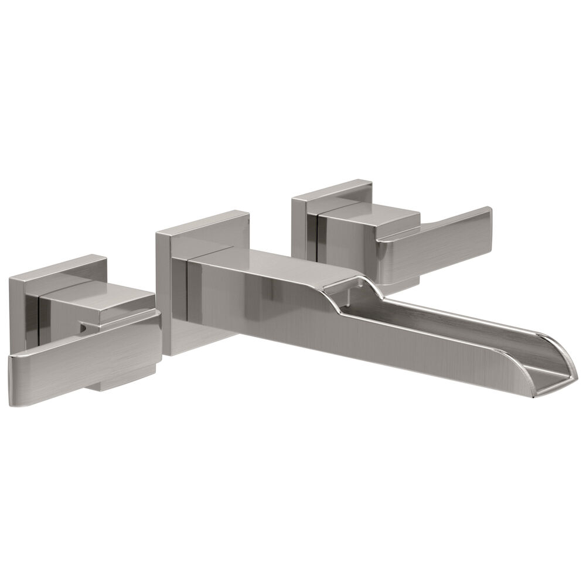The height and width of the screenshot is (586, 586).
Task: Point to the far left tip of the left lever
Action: [x=13, y=381]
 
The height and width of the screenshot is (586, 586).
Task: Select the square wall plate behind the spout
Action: [x=167, y=293]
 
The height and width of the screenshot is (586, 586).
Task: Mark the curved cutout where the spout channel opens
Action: [x=346, y=287]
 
